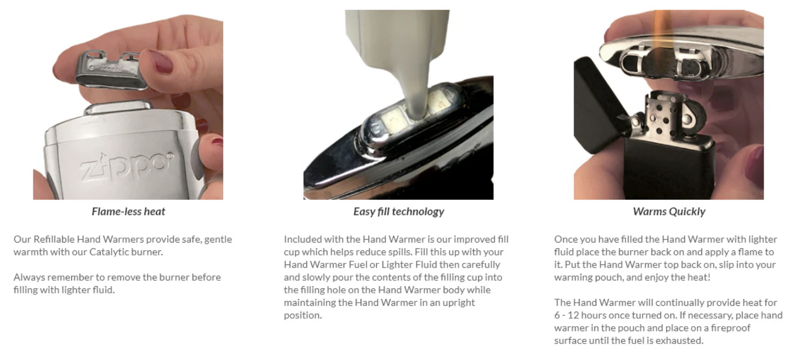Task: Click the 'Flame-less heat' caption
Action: click(x=129, y=212)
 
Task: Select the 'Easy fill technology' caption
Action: click(x=399, y=212)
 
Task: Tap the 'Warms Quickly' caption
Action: click(x=669, y=212)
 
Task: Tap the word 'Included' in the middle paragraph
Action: click(x=303, y=240)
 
